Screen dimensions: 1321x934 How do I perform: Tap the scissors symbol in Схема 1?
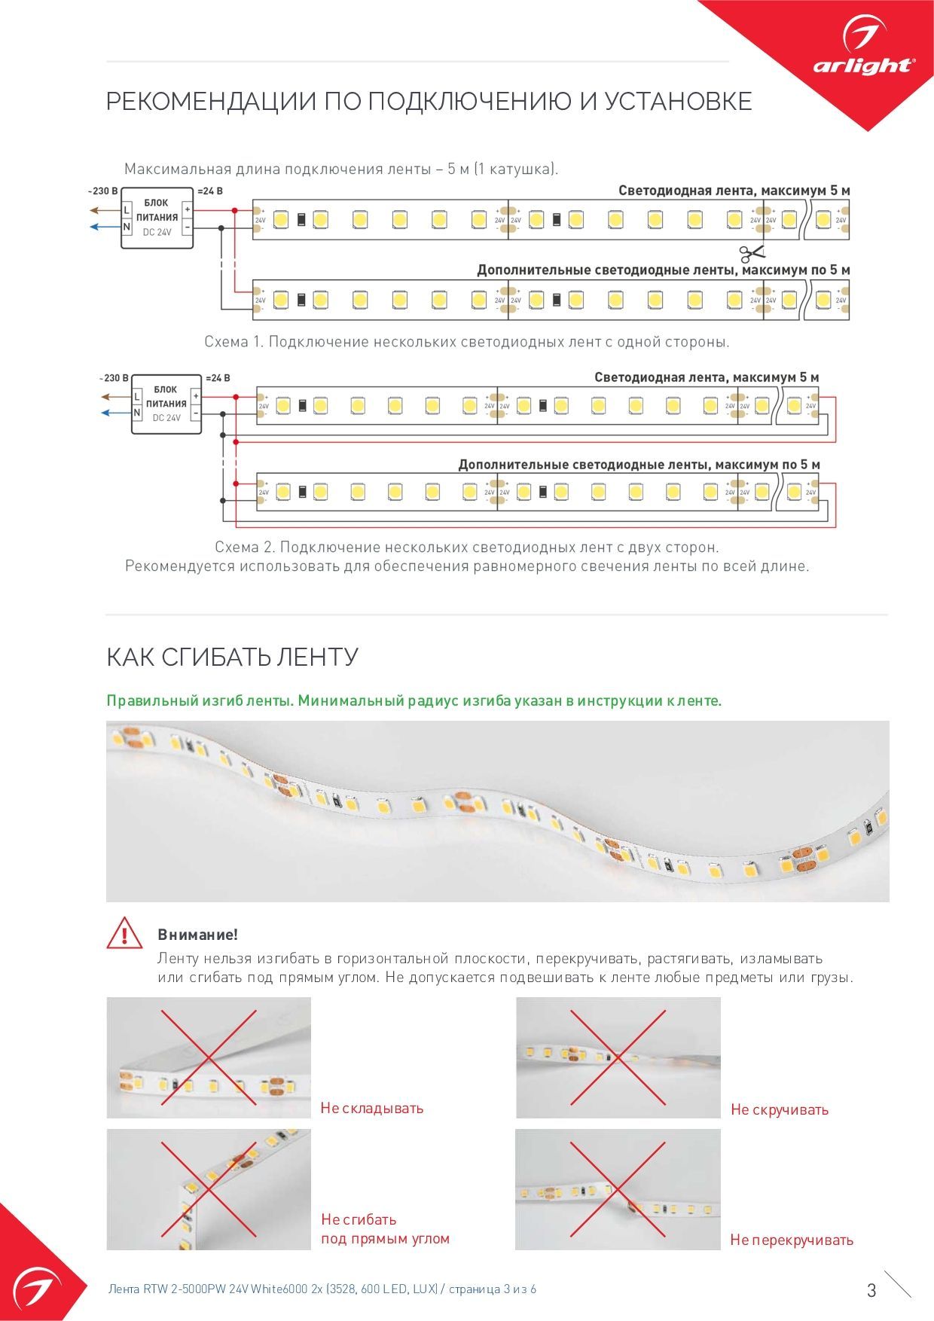(x=751, y=253)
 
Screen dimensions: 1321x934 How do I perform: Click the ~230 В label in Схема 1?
(x=103, y=191)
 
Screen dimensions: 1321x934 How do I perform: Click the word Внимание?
(x=197, y=935)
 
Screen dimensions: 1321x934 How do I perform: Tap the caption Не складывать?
(x=372, y=1108)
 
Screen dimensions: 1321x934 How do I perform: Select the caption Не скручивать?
(x=780, y=1109)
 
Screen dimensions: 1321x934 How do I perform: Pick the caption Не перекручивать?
(x=792, y=1240)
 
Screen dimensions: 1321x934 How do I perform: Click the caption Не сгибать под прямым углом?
(x=385, y=1229)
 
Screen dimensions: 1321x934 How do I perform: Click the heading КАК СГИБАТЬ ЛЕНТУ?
(x=232, y=657)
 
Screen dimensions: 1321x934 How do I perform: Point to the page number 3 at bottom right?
(x=871, y=1290)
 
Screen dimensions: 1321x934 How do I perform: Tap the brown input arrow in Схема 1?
(x=99, y=210)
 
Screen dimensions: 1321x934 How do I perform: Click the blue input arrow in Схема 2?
(x=110, y=413)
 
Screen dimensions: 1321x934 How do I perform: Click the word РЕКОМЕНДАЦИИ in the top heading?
(x=211, y=101)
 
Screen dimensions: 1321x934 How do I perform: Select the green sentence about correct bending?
(x=414, y=700)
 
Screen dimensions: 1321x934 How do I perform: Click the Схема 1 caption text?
(x=467, y=342)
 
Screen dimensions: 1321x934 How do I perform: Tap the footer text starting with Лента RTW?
(x=322, y=1289)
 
